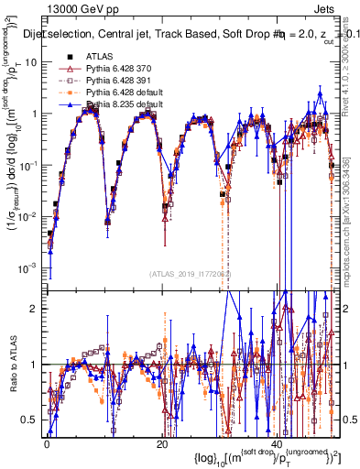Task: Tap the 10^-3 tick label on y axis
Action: coord(29,267)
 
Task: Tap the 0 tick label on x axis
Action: coord(47,443)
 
